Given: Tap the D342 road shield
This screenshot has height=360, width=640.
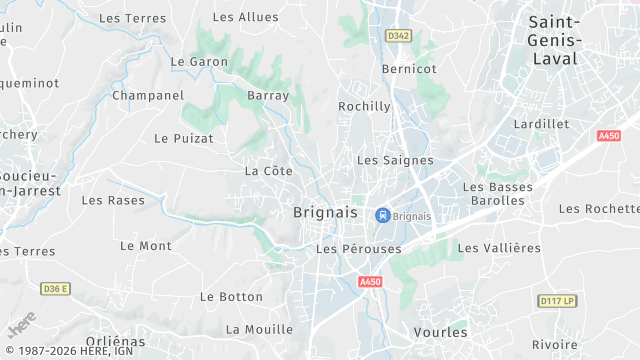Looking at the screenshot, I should [x=399, y=35].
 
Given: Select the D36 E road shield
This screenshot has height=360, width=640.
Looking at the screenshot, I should [x=56, y=289].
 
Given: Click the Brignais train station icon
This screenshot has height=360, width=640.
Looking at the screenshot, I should [x=382, y=215].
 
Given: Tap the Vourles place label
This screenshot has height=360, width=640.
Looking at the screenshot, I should [x=440, y=331].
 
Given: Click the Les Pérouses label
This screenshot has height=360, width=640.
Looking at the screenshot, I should [x=358, y=248].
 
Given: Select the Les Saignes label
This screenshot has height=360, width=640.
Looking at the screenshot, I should [x=395, y=160].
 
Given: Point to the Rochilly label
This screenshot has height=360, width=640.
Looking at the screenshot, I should [x=364, y=106].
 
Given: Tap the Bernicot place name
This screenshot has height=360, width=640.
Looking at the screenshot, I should [x=409, y=69].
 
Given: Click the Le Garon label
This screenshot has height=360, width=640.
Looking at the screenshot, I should [x=199, y=61].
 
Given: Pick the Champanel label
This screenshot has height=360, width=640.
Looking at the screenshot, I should [x=148, y=96].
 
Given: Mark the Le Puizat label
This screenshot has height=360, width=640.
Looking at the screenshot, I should [x=183, y=138].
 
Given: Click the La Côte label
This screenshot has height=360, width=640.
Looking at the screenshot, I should [x=268, y=171].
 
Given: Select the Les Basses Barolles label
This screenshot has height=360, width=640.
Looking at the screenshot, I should [x=494, y=194].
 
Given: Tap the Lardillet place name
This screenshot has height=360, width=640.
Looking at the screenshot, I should [x=540, y=124].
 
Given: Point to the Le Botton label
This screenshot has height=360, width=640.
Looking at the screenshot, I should [x=231, y=297].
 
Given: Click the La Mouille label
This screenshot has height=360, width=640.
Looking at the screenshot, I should [x=259, y=329].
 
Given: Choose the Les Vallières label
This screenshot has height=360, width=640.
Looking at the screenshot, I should [x=499, y=248].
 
